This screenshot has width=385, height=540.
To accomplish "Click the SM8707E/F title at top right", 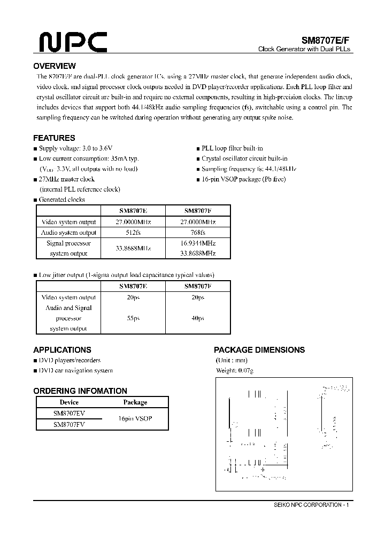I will [325, 39].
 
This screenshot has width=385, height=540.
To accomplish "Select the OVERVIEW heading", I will [55, 66].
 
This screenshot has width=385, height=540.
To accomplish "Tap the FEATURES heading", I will [54, 138].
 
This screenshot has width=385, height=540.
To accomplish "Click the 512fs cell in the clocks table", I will [133, 233].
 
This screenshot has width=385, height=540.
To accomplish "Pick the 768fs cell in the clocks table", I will [198, 233].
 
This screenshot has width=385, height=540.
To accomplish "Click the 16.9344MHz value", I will [198, 243].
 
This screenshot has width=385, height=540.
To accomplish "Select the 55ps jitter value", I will [133, 318].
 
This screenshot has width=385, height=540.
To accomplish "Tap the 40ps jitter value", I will [198, 318].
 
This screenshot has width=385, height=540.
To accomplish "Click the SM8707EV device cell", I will [69, 414].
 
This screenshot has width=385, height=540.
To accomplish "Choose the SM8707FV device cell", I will [69, 425].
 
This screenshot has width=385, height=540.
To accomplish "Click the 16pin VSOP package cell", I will [135, 419].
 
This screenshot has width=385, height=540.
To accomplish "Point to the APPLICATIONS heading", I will [62, 350].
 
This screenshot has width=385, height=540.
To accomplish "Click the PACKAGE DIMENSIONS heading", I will [259, 350].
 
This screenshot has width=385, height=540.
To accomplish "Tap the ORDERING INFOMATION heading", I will [80, 391].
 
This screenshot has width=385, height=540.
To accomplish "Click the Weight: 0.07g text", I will [235, 370].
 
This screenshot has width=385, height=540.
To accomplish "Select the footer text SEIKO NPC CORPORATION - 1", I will [310, 505].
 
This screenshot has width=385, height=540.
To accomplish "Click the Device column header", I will [69, 402].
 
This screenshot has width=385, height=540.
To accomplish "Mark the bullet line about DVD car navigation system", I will [75, 370].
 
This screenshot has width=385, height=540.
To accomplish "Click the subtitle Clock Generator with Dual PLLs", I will [304, 49].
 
